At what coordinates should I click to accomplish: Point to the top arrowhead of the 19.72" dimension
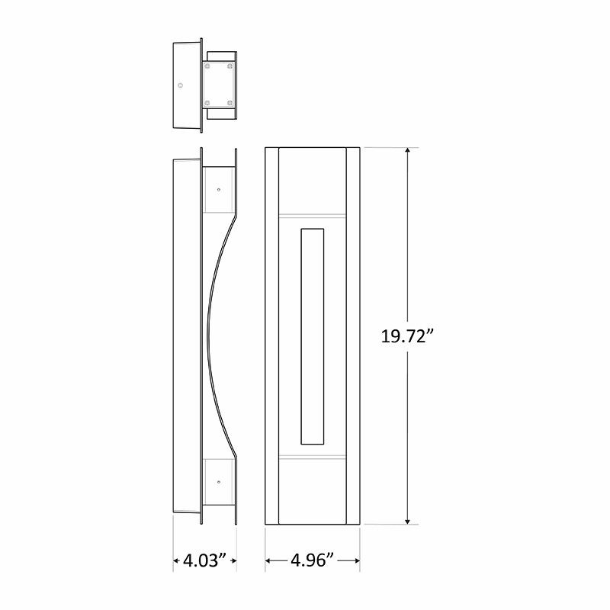(409, 151)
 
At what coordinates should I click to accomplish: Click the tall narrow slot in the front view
(313, 335)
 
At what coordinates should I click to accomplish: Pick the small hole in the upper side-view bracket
(218, 187)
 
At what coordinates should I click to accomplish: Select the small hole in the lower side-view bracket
(218, 482)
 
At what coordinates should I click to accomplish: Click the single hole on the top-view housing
(181, 85)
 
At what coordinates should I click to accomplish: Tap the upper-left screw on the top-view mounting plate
(206, 68)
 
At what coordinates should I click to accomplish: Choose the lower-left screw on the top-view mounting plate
(206, 101)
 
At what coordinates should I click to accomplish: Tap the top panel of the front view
(313, 179)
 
